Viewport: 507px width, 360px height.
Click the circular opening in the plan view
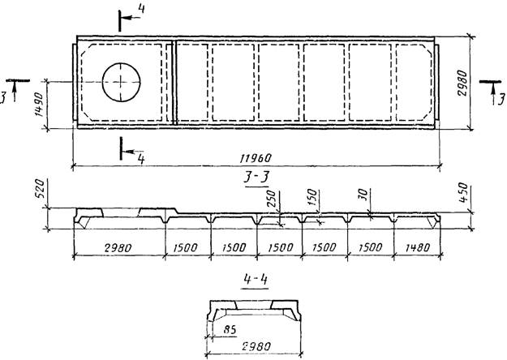tap(122, 81)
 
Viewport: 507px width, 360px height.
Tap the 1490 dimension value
tap(38, 104)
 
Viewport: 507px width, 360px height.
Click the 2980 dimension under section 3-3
tap(118, 246)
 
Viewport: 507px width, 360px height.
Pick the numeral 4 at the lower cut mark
tap(140, 159)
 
